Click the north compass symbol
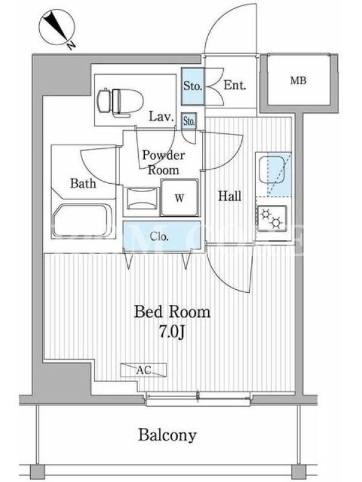click(x=57, y=29)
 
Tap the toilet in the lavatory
click(x=121, y=102)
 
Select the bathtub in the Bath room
click(x=82, y=221)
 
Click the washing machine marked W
click(x=179, y=198)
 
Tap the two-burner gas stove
click(x=272, y=218)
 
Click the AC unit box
click(x=144, y=370)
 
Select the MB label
click(x=298, y=81)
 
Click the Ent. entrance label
click(x=235, y=85)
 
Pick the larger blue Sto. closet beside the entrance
click(x=192, y=86)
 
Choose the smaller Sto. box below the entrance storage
click(x=189, y=121)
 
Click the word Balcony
click(x=167, y=435)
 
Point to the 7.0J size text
click(x=172, y=332)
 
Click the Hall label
click(x=230, y=196)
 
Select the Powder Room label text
click(x=164, y=163)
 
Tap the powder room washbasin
click(x=142, y=198)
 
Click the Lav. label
click(x=162, y=116)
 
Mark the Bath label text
click(x=83, y=184)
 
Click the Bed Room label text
click(x=173, y=312)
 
